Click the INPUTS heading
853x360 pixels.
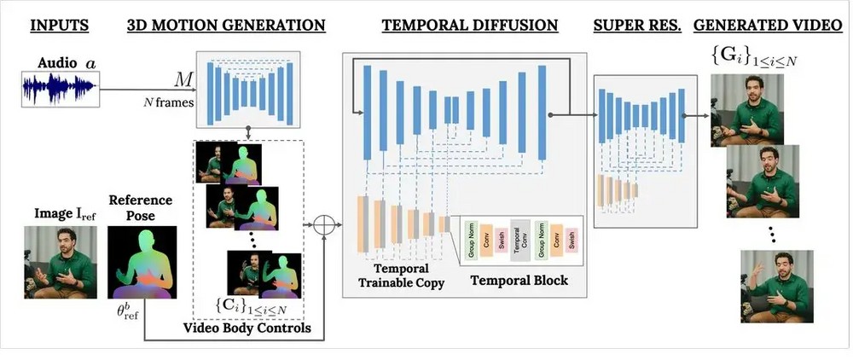click(x=59, y=25)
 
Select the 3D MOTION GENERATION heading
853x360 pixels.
click(x=226, y=25)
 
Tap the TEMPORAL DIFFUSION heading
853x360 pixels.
click(x=469, y=25)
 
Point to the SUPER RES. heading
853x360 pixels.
click(x=637, y=25)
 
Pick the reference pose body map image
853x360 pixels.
click(x=143, y=263)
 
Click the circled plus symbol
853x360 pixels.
click(x=323, y=225)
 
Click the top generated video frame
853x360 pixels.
click(x=747, y=108)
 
